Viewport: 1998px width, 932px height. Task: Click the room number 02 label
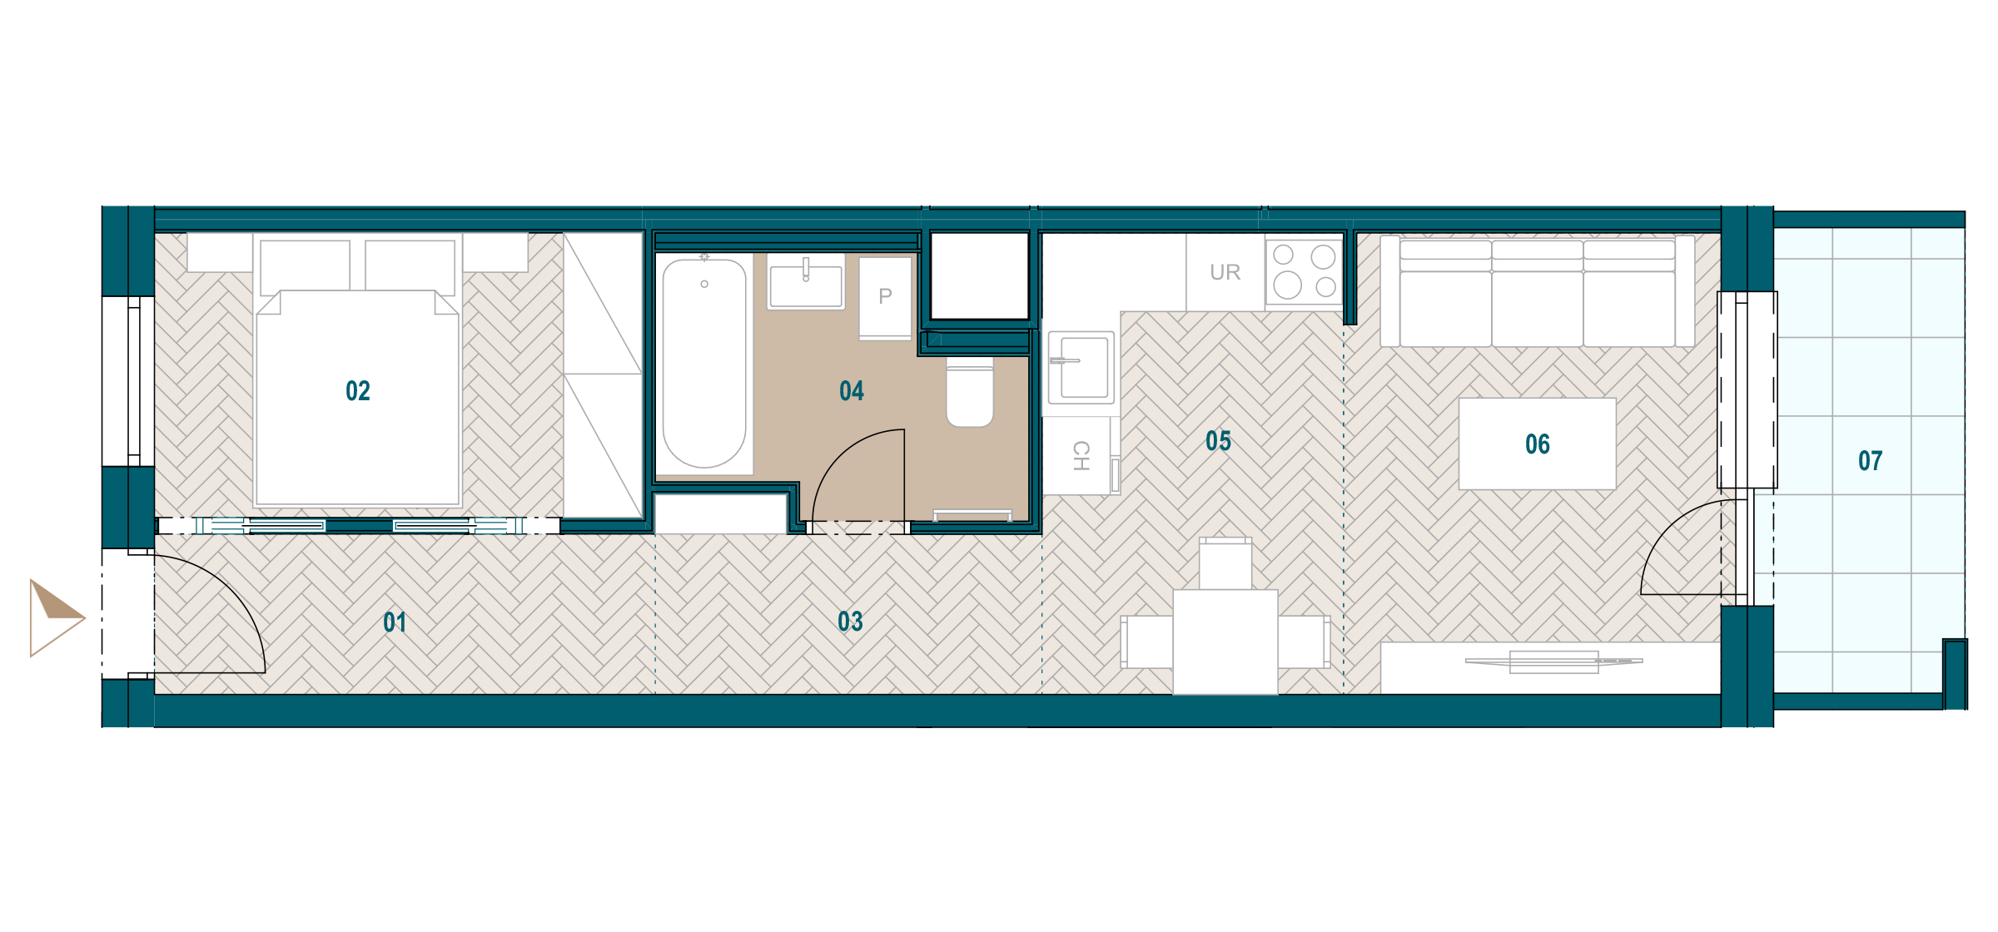click(358, 391)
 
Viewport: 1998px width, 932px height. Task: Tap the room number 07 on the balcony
click(1870, 461)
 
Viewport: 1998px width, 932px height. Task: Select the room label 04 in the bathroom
click(852, 391)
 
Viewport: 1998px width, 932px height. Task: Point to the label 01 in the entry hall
click(395, 622)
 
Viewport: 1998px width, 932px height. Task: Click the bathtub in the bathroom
click(704, 364)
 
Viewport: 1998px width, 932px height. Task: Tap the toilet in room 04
click(970, 393)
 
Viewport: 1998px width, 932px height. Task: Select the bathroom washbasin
click(806, 283)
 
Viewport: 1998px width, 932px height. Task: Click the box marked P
click(885, 298)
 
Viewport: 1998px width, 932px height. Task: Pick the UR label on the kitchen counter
click(1225, 272)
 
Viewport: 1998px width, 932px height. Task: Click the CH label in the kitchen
click(1081, 455)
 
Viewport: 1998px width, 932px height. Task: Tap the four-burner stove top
click(1305, 271)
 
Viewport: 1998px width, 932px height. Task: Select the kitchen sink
click(1081, 368)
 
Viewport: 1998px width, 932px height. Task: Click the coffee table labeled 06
click(1538, 444)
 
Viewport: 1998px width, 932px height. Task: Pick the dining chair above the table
click(1225, 563)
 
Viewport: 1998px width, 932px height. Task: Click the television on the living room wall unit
click(1553, 662)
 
